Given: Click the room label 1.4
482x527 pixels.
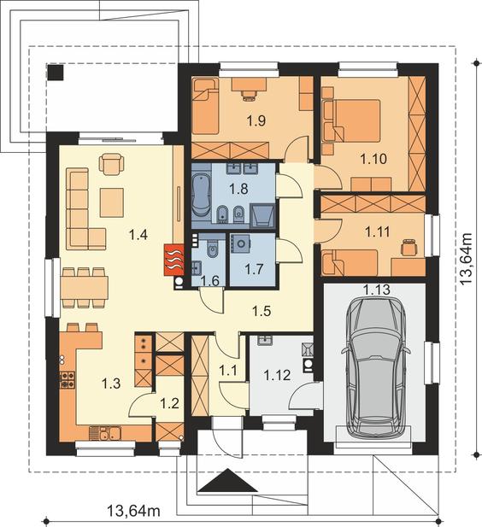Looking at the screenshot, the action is click(x=138, y=234).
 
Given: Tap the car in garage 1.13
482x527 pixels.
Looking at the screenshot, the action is click(x=376, y=368).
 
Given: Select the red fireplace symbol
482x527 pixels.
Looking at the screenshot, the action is click(x=174, y=260).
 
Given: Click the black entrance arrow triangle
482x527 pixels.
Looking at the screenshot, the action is click(x=227, y=480).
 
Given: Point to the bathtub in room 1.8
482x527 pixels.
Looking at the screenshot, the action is click(x=201, y=195).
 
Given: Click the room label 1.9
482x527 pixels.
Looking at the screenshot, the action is click(x=256, y=120).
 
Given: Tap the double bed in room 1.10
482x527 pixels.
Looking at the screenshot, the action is click(x=357, y=120).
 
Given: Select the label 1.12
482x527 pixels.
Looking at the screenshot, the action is click(x=277, y=375).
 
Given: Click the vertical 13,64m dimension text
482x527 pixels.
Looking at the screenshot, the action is click(x=466, y=259).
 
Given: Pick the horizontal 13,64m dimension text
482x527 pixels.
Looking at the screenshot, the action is click(x=133, y=512).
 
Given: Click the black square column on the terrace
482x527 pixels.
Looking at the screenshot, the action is click(x=56, y=72).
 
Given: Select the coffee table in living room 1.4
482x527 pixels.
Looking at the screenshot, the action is click(x=112, y=202).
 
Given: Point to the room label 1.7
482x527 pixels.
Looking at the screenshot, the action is click(x=254, y=269).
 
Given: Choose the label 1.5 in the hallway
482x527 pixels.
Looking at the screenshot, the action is click(x=262, y=311).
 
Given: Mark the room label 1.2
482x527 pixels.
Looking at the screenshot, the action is click(x=169, y=403).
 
